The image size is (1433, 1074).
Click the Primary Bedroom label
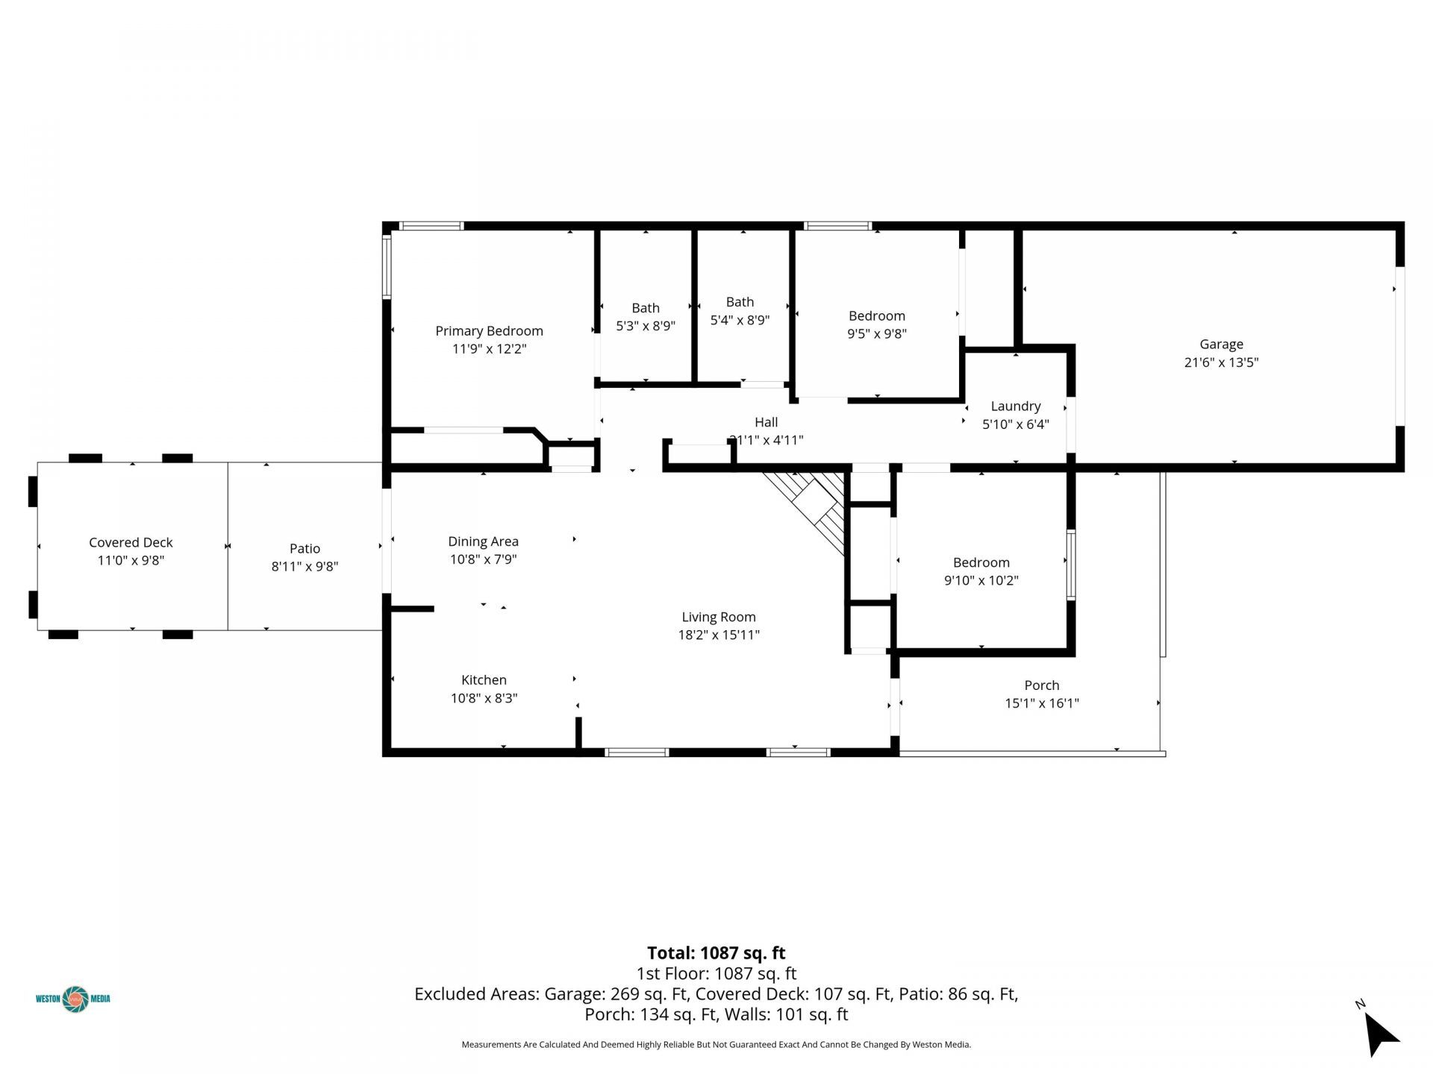[x=489, y=331]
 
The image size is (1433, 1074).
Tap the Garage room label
[x=1221, y=345]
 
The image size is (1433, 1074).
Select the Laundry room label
[x=1015, y=406]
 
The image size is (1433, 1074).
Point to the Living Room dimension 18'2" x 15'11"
[x=719, y=635]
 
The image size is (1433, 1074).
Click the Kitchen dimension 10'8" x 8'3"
[x=484, y=698]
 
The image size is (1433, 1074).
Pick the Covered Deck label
[x=131, y=543]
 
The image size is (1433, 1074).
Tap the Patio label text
[x=305, y=549]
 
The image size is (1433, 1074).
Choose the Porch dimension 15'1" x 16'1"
[x=1042, y=703]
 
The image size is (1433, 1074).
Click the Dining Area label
[x=483, y=542]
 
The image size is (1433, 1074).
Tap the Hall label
[x=766, y=422]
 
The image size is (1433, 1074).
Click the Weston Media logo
[x=73, y=999]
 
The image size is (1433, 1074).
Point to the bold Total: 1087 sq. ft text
[x=716, y=953]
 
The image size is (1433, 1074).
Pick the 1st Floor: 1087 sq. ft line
[x=716, y=974]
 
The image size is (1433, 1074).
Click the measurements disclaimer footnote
[x=716, y=1045]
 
